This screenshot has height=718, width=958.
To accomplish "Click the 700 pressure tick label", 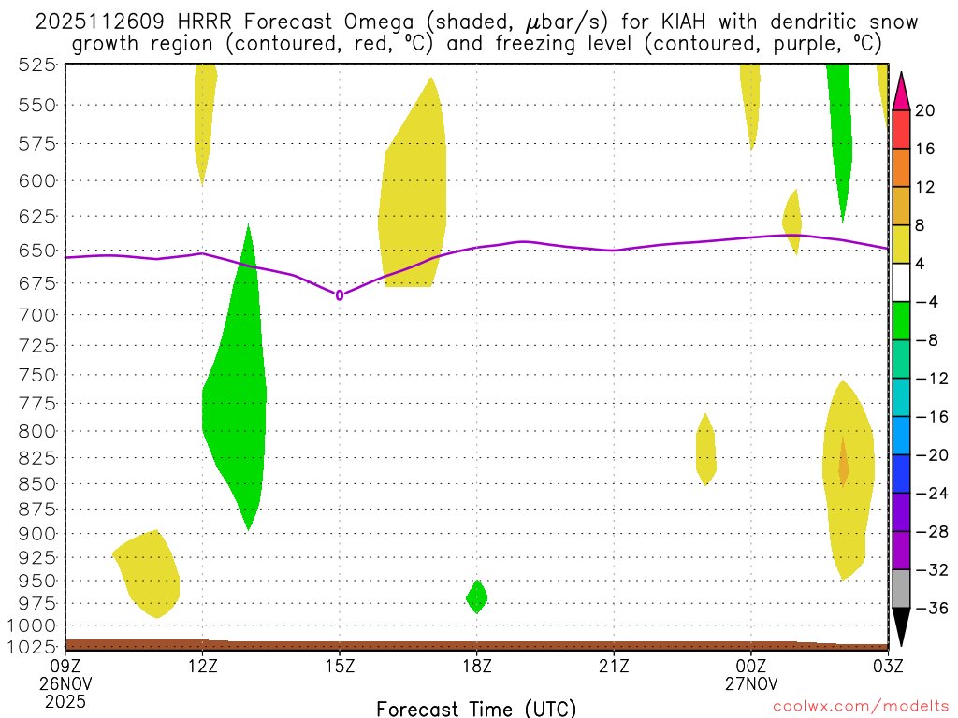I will pos(36,315).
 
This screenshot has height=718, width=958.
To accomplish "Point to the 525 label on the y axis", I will pos(36,65).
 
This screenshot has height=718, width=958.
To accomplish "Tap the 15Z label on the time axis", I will pos(340,666).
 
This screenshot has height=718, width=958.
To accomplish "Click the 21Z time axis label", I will pos(614,666).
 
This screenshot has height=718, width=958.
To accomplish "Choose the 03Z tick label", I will pos(887,666).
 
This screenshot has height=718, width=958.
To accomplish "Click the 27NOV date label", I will pos(750,683).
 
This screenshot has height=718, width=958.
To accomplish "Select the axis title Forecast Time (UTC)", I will pos(476,708).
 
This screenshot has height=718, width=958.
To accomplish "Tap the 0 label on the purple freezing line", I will pos(340,295).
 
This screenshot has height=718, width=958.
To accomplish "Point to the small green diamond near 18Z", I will pos(477,596).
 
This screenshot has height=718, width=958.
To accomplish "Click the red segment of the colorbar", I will pos(901,130).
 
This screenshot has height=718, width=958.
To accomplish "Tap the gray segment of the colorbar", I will pos(901,588).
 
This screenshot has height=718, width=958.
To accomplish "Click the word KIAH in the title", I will pos(671,22).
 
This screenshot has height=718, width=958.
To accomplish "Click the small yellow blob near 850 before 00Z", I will pos(706,451).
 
